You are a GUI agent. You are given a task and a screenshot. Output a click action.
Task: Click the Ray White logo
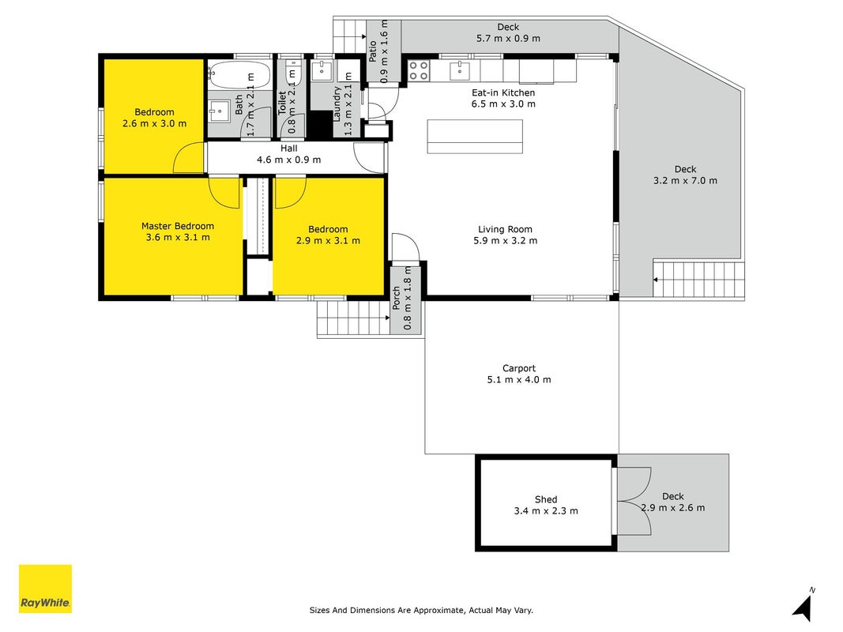pyautogui.click(x=45, y=589)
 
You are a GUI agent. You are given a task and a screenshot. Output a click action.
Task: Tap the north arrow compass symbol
pyautogui.click(x=804, y=606)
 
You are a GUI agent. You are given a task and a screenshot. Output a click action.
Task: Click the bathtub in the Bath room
pyautogui.click(x=239, y=74)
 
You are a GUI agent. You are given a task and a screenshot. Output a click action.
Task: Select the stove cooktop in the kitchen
pyautogui.click(x=419, y=70)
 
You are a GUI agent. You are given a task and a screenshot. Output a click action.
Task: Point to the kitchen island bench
pyautogui.click(x=475, y=137)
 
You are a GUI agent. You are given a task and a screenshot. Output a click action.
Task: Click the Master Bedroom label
pyautogui.click(x=178, y=226)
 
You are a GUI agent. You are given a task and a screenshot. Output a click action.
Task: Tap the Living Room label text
pyautogui.click(x=505, y=229)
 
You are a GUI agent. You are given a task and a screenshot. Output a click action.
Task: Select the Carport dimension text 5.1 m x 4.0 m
pyautogui.click(x=519, y=379)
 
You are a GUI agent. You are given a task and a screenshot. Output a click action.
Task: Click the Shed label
pyautogui.click(x=546, y=499)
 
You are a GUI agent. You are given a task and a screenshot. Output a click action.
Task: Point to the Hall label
pyautogui.click(x=288, y=149)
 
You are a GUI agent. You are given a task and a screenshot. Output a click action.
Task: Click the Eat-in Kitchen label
pyautogui.click(x=503, y=92)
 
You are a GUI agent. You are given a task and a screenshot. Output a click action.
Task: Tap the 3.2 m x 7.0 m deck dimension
pyautogui.click(x=685, y=181)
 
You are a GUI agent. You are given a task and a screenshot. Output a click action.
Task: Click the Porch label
pyautogui.click(x=397, y=298)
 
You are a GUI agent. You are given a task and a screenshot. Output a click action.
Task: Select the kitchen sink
pyautogui.click(x=460, y=70)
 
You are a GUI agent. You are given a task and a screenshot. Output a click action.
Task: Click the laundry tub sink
pyautogui.click(x=322, y=70)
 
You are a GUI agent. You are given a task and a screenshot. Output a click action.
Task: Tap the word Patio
pyautogui.click(x=372, y=51)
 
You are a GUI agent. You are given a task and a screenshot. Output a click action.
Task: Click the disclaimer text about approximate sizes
pyautogui.click(x=421, y=610)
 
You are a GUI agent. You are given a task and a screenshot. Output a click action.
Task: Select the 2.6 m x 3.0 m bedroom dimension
pyautogui.click(x=154, y=123)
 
